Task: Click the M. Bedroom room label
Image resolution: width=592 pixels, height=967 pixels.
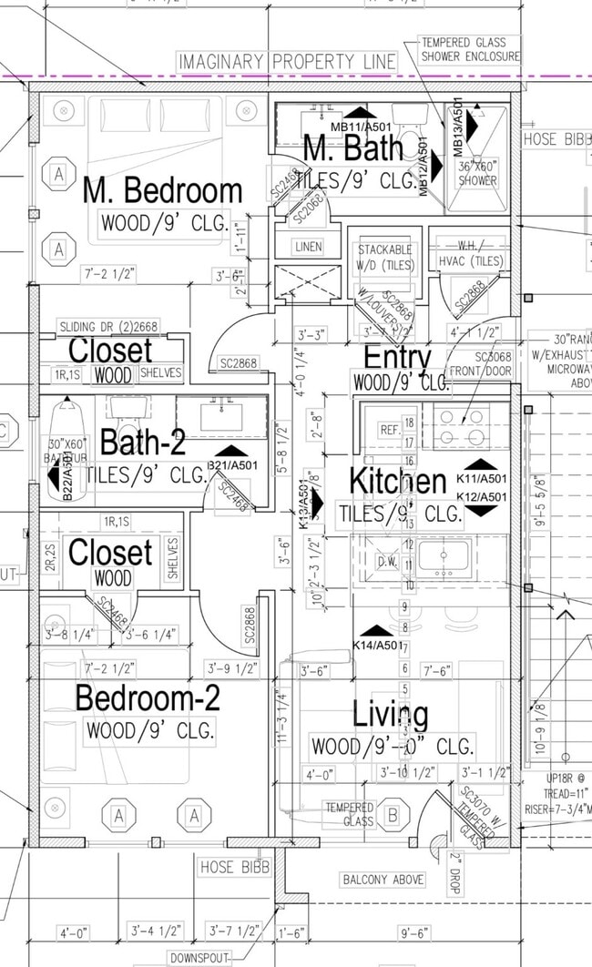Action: pyautogui.click(x=162, y=190)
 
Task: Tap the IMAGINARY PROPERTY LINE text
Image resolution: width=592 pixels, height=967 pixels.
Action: pyautogui.click(x=288, y=62)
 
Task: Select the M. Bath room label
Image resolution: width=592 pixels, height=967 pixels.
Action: pyautogui.click(x=350, y=148)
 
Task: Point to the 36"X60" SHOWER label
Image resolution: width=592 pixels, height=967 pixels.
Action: pyautogui.click(x=477, y=173)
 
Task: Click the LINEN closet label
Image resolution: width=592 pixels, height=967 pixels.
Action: pyautogui.click(x=308, y=247)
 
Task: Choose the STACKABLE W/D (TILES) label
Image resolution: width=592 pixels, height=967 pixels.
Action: pyautogui.click(x=384, y=256)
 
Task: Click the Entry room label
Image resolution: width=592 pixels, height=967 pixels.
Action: pyautogui.click(x=397, y=356)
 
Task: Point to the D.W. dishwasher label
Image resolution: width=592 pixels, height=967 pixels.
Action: pyautogui.click(x=388, y=562)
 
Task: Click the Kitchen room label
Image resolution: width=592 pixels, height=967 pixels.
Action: pyautogui.click(x=398, y=481)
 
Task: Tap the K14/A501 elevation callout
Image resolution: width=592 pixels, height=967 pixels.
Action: pyautogui.click(x=376, y=646)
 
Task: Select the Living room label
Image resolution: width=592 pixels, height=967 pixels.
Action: pyautogui.click(x=391, y=715)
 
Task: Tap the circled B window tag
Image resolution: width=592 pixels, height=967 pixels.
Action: pyautogui.click(x=393, y=815)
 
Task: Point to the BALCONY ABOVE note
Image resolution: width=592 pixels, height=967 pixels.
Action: pyautogui.click(x=383, y=880)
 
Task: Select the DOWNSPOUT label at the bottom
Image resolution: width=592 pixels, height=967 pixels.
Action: pyautogui.click(x=199, y=958)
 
